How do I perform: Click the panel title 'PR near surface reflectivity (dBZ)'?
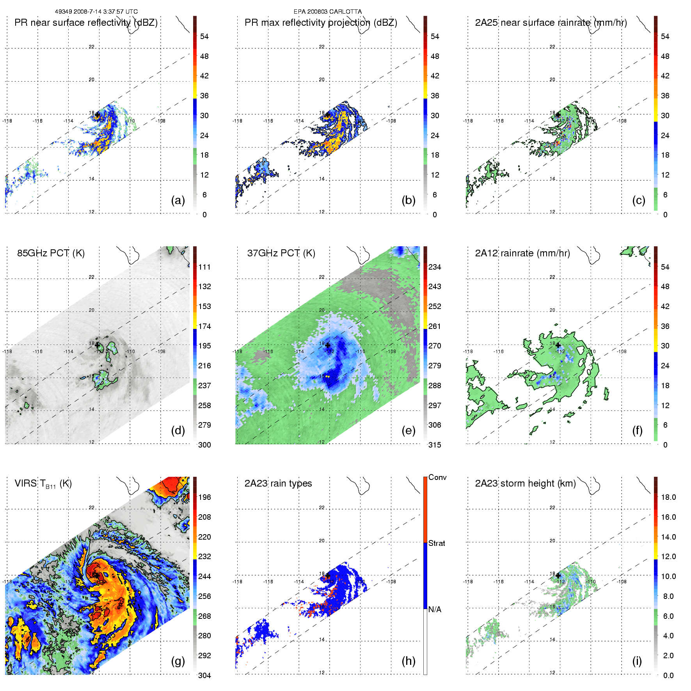click(x=86, y=23)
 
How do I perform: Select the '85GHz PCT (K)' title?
click(x=51, y=253)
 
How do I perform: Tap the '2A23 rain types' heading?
click(x=278, y=483)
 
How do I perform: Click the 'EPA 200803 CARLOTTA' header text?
click(x=327, y=12)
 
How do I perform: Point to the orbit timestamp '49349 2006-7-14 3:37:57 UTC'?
click(x=96, y=12)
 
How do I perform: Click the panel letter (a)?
click(x=178, y=200)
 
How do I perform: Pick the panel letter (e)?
click(x=409, y=430)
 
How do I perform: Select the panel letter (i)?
click(x=637, y=661)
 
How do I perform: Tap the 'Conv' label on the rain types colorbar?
click(x=437, y=477)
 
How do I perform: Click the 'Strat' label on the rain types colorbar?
click(x=437, y=543)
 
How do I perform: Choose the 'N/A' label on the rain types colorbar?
click(x=435, y=609)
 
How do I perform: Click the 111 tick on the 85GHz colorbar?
click(x=204, y=267)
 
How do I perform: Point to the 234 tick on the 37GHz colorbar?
click(x=435, y=267)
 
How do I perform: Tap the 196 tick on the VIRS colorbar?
click(x=204, y=497)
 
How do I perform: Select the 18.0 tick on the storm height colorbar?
click(x=668, y=497)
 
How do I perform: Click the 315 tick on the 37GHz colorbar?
click(x=435, y=445)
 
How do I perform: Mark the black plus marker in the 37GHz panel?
click(x=328, y=345)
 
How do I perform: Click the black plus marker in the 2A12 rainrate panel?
click(x=558, y=345)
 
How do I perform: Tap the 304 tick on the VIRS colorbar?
click(x=204, y=675)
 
